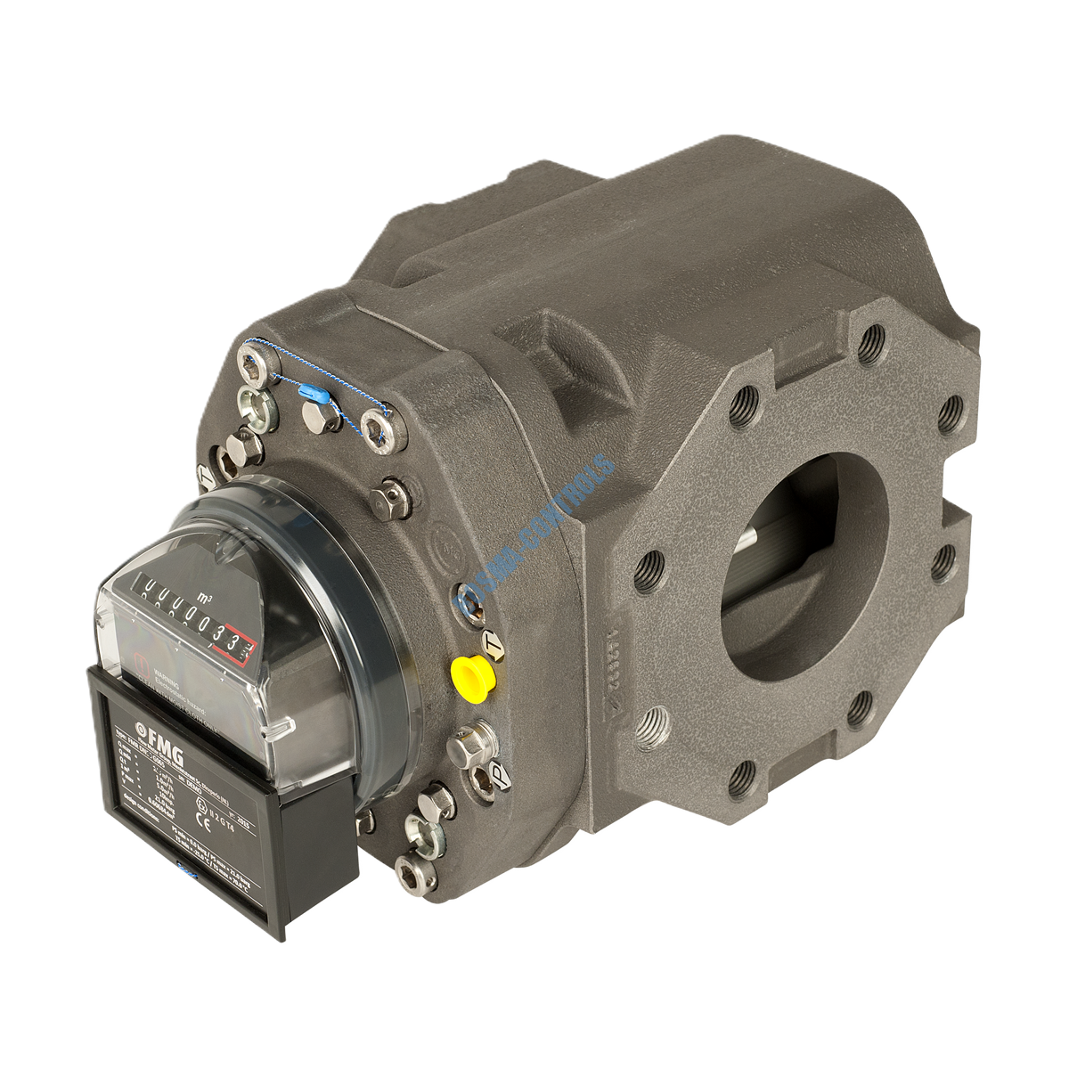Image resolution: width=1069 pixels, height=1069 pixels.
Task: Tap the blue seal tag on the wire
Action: coord(312,391)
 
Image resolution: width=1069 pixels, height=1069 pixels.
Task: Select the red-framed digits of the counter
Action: coord(236,644)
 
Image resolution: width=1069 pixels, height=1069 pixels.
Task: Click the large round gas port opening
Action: coord(788,570)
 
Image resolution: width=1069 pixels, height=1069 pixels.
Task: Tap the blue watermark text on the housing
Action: coord(534,534)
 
